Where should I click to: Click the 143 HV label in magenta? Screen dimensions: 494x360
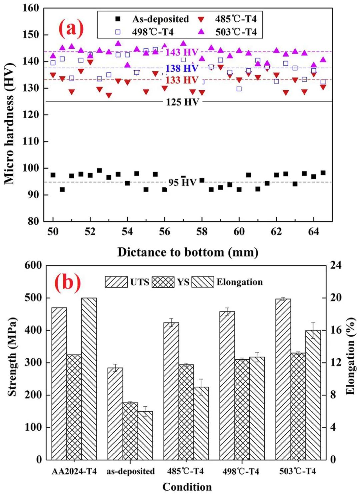pyautogui.click(x=182, y=52)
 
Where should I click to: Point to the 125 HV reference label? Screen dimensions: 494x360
pyautogui.click(x=182, y=102)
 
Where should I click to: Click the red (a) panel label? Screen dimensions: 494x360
pyautogui.click(x=71, y=28)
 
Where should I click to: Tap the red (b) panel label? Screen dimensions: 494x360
pyautogui.click(x=68, y=282)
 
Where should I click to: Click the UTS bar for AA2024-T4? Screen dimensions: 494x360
pyautogui.click(x=59, y=383)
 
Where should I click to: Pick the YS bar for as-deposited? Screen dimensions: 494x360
pyautogui.click(x=130, y=431)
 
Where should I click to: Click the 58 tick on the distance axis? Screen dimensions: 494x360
pyautogui.click(x=202, y=232)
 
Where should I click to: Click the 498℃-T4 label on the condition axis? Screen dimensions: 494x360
pyautogui.click(x=241, y=471)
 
